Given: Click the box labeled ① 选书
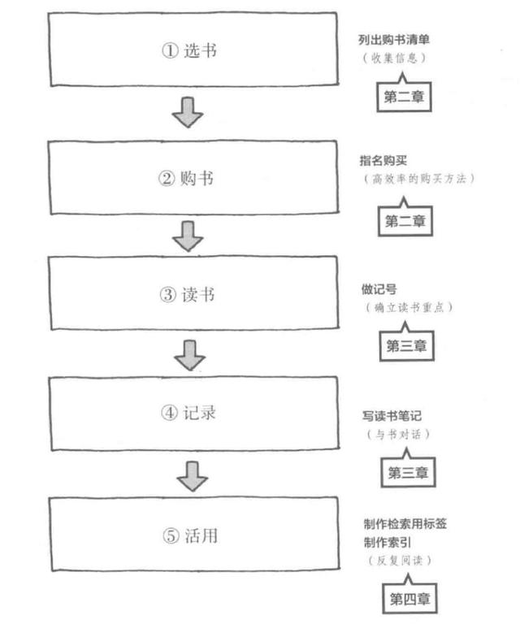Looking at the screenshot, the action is [x=193, y=50].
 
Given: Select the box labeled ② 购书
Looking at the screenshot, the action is [x=193, y=177].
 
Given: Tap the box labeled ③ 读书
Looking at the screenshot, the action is [x=193, y=292].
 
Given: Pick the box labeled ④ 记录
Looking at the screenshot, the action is [x=193, y=413].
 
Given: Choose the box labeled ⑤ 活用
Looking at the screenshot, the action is [x=194, y=535].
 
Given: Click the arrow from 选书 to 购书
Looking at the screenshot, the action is [x=188, y=112].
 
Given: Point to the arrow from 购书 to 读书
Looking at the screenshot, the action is [x=188, y=236].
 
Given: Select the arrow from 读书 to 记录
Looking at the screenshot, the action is [x=190, y=355].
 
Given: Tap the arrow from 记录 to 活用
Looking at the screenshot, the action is [x=193, y=476].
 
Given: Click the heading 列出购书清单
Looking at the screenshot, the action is [x=394, y=39].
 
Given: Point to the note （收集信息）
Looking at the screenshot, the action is [x=394, y=58].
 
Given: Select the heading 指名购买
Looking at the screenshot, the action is [x=383, y=160].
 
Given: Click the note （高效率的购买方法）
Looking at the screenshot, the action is [x=419, y=179].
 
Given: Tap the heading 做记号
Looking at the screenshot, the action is [x=379, y=289].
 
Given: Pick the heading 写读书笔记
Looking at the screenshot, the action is [x=392, y=416].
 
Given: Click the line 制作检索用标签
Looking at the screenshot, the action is [x=405, y=524].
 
